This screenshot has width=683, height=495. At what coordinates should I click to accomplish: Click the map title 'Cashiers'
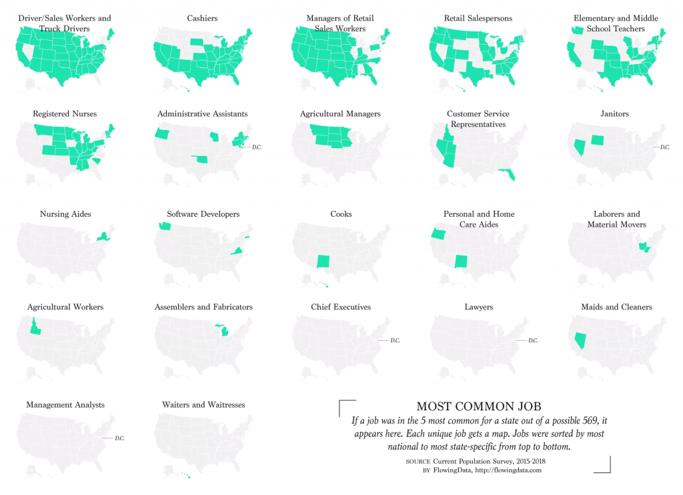(203, 18)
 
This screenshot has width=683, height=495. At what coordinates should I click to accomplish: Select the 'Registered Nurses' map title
(65, 114)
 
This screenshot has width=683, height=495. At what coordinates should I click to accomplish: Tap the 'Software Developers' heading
(203, 214)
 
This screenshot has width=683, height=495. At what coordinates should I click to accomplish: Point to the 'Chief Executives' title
(341, 307)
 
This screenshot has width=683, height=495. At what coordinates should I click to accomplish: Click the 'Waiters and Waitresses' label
(203, 405)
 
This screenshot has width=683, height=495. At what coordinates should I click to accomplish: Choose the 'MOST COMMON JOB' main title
(478, 406)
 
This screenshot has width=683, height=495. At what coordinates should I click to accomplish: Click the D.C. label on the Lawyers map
(533, 341)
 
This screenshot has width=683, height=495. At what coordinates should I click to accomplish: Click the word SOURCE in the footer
(418, 461)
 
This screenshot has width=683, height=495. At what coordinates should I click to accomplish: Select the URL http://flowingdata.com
(508, 470)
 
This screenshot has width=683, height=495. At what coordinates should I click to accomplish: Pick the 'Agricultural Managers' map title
(340, 114)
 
